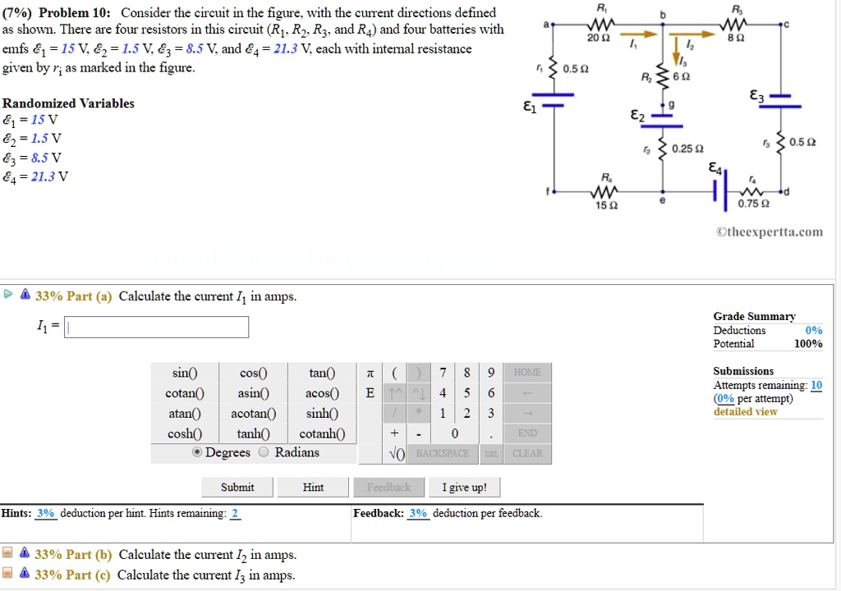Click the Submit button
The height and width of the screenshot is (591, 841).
coord(237,488)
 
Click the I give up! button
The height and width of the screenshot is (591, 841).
coord(464,488)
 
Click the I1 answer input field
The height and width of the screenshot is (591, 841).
coord(157,328)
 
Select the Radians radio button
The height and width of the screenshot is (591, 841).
coord(264,452)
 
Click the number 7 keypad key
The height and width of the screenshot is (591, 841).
coord(443,373)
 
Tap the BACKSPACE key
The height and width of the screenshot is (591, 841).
coord(442,453)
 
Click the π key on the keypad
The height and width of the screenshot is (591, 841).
coord(370,373)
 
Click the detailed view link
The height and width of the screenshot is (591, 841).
coord(745,412)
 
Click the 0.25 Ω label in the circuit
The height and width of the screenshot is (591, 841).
coord(687,149)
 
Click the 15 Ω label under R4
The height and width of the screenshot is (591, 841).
coord(605,204)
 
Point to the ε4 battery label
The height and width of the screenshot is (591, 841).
coord(716,168)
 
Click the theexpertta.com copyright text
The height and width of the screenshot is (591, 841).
coord(770,232)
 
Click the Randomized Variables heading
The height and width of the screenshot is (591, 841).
coord(68,103)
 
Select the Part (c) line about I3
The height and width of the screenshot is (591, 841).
coord(205,575)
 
